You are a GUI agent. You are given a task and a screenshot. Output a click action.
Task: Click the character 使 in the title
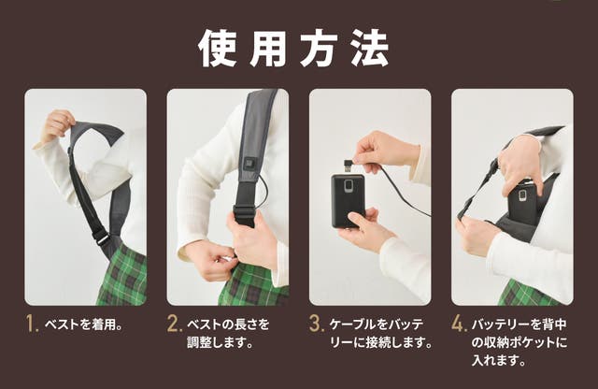[217, 49]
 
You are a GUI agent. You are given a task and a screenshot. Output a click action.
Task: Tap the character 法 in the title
[370, 49]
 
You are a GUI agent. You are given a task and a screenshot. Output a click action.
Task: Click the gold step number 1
[32, 324]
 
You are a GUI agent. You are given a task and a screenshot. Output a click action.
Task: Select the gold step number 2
[174, 324]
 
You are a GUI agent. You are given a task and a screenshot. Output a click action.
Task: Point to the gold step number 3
[317, 324]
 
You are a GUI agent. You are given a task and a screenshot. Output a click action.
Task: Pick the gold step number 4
[459, 324]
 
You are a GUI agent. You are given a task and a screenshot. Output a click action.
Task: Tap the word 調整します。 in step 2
[220, 342]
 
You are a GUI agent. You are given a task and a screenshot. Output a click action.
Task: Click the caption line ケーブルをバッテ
[377, 324]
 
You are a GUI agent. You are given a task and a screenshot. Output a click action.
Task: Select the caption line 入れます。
[498, 360]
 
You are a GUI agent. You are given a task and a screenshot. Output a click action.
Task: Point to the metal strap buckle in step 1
[103, 239]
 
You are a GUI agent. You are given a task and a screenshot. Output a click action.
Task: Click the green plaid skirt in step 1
[122, 276]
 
